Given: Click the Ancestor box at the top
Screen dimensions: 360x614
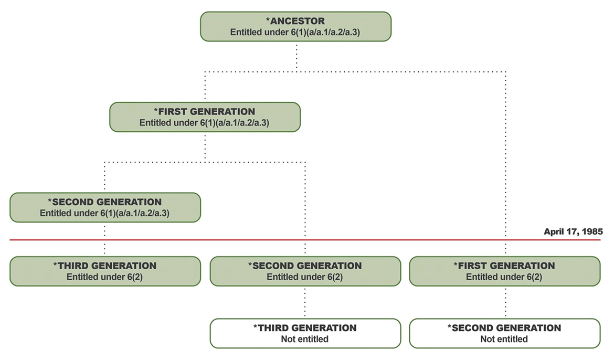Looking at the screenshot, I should coord(295,26).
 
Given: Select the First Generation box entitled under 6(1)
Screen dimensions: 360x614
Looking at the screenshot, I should coord(205,117).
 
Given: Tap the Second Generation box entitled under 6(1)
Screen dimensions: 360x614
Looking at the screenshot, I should coord(105,207).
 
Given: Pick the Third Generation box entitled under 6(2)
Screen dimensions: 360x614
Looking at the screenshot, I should coord(105,271).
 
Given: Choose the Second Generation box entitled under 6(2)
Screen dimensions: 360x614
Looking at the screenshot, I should coord(305,271).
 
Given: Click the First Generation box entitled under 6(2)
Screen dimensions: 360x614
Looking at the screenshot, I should coord(504,271).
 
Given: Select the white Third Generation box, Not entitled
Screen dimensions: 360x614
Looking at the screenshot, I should coord(305,333).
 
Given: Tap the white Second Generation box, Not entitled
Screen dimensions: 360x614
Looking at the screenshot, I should coord(504,333).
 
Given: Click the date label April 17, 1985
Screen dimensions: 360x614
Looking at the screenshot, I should coord(573,231).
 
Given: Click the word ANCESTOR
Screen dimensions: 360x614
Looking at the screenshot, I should coord(298,22).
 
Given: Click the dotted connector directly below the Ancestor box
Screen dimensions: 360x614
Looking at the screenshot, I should coord(297,55).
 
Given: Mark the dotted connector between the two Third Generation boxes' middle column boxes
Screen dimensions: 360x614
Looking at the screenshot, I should coord(305,302).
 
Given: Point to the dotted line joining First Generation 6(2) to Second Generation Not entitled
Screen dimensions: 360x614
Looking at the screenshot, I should coord(505,302).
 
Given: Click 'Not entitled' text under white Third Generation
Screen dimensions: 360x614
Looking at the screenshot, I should coord(305,339).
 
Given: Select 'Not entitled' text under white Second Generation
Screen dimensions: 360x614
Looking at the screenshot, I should coord(504,339).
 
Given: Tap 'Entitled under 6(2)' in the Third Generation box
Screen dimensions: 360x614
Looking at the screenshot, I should coord(105,277).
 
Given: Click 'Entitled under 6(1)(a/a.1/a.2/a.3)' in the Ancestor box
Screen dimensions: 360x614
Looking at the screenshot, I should coord(295,32).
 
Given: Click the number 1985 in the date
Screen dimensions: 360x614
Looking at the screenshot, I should coord(592,231).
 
